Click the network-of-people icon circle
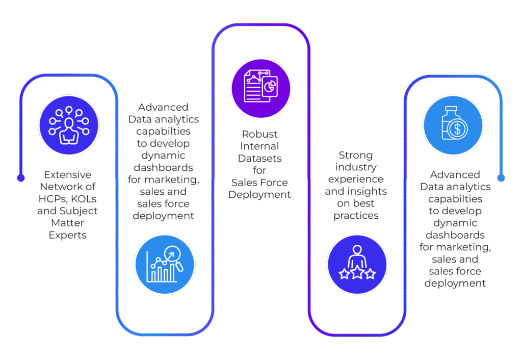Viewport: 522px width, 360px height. pos(69,125)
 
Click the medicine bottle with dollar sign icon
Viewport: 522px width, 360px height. pos(453,125)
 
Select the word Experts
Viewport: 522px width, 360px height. pos(67,235)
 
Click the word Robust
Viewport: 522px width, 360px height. pos(260,134)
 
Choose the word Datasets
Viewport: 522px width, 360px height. pos(260,159)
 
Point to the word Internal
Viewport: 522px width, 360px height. pos(260,146)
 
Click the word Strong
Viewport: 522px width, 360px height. pos(356,155)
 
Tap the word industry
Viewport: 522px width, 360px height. pos(356,167)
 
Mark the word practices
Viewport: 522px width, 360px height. pos(356,216)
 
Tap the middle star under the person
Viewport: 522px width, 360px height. pos(357,274)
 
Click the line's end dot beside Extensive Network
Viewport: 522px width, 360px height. pos(20,178)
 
